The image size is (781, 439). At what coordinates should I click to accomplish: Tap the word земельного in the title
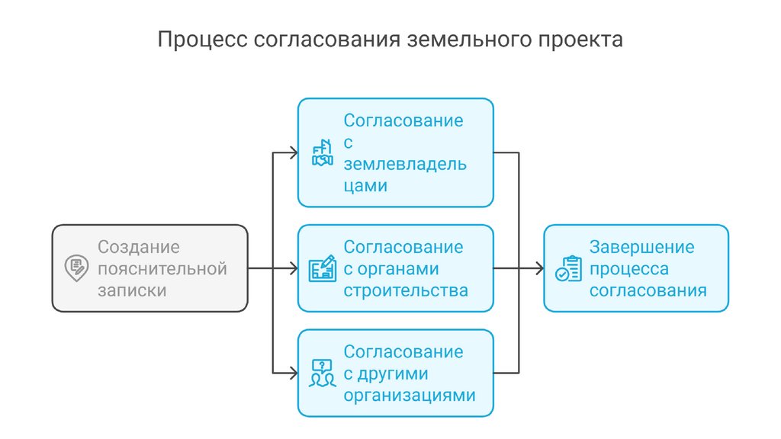[469, 40]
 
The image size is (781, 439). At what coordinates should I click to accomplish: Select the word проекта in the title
[584, 40]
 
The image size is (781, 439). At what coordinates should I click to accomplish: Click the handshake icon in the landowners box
[323, 152]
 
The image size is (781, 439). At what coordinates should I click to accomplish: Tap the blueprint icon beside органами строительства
[323, 269]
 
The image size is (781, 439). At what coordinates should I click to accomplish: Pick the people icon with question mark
[323, 373]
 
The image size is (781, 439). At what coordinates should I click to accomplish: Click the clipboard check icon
[568, 269]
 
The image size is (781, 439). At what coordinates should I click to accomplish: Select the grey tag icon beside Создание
[76, 268]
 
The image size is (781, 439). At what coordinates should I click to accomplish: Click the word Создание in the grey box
[138, 247]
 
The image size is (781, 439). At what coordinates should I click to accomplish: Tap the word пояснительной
[162, 269]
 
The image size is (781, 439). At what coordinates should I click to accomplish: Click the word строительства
[405, 291]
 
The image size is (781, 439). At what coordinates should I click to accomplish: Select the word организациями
[410, 396]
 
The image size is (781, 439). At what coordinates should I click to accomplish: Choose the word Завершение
[641, 247]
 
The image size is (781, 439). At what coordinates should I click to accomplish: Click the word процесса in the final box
[628, 269]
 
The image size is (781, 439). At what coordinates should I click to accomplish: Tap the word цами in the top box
[365, 186]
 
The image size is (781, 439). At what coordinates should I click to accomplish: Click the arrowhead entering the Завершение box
[539, 268]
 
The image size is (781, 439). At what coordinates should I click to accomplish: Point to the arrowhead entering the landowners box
[294, 152]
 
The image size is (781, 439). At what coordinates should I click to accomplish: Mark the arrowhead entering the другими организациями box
[294, 373]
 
